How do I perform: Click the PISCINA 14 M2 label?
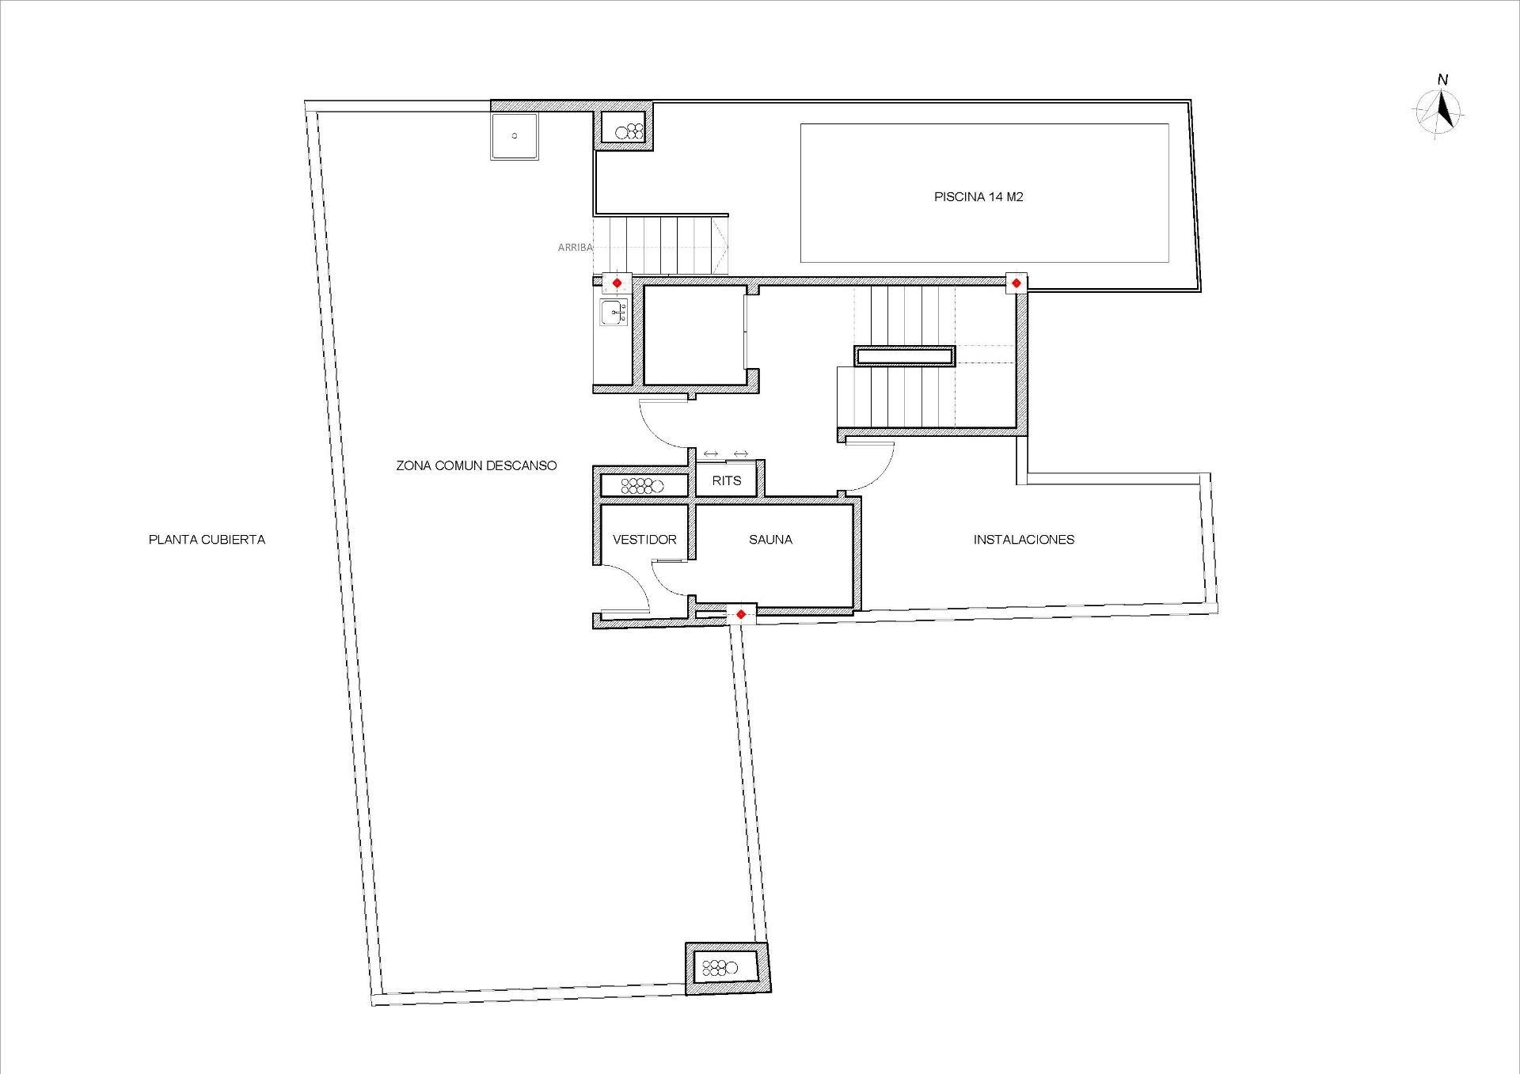coord(978,197)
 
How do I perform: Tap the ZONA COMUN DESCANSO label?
coord(476,465)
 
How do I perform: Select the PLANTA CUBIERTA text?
coord(207,540)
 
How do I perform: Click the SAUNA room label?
coord(770,540)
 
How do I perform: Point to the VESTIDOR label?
coord(644,540)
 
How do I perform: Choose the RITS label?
coord(726,480)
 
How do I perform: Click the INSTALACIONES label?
coord(1024,540)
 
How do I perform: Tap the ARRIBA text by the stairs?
coord(575,248)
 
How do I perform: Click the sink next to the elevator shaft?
coord(614,313)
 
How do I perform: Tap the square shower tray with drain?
coord(514,136)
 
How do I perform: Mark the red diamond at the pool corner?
coord(1016,283)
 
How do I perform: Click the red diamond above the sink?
coord(617,283)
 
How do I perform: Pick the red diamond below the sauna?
coord(740,614)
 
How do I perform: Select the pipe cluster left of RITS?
coord(641,486)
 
